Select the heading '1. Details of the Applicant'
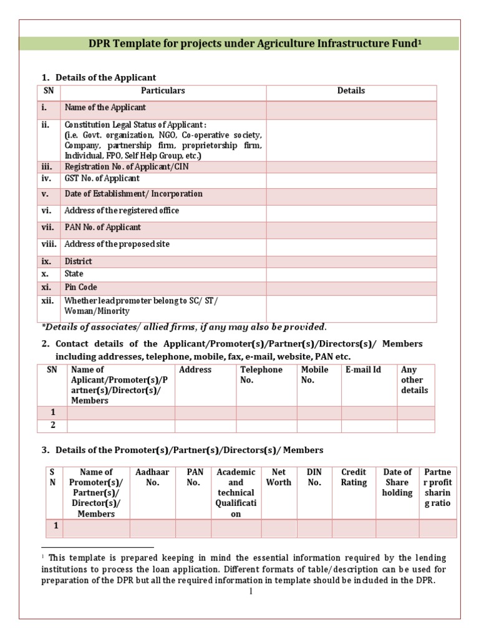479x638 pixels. pyautogui.click(x=99, y=77)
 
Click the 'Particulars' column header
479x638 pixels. pyautogui.click(x=163, y=91)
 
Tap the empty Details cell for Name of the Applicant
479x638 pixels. pyautogui.click(x=351, y=109)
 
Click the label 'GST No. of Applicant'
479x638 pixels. pyautogui.click(x=102, y=179)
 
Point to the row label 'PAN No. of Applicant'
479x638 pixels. pyautogui.click(x=103, y=227)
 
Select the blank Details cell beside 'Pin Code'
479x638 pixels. pyautogui.click(x=351, y=288)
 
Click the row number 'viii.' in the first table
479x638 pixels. pyautogui.click(x=49, y=244)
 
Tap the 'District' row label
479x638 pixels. pyautogui.click(x=79, y=262)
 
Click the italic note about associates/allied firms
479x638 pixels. pyautogui.click(x=184, y=327)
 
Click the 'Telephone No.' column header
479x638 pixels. pyautogui.click(x=261, y=374)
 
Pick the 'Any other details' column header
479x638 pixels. pyautogui.click(x=415, y=380)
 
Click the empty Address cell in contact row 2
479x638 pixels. pyautogui.click(x=205, y=426)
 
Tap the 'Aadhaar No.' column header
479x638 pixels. pyautogui.click(x=152, y=477)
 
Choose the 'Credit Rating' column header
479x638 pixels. pyautogui.click(x=354, y=477)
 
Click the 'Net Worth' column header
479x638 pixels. pyautogui.click(x=278, y=477)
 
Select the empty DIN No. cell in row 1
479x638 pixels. pyautogui.click(x=314, y=528)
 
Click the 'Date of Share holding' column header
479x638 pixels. pyautogui.click(x=397, y=482)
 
